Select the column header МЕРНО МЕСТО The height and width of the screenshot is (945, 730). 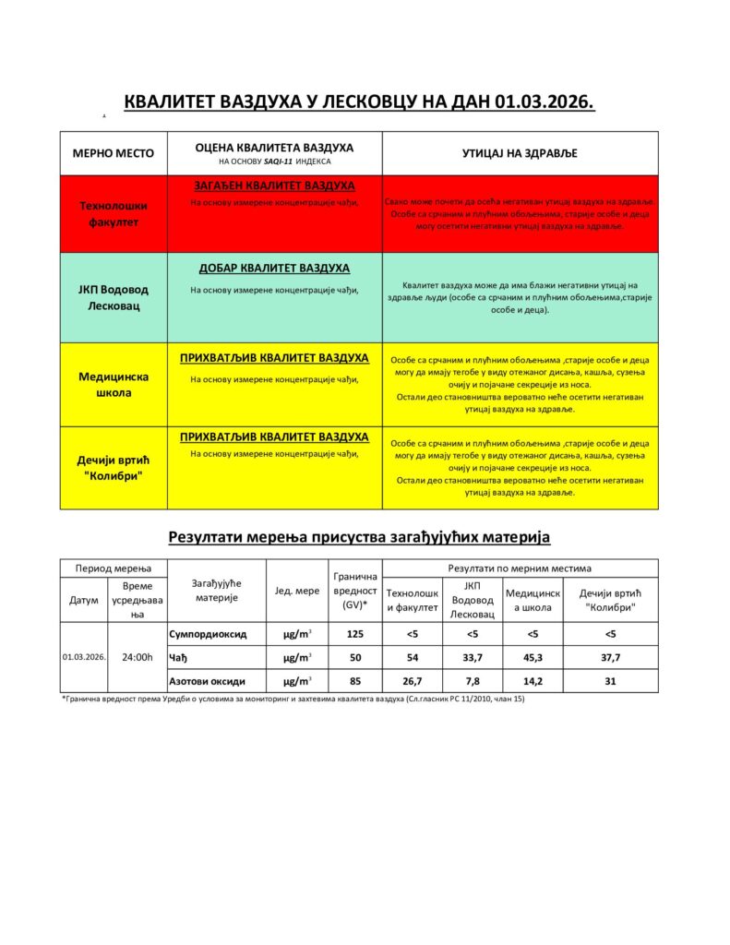(x=114, y=153)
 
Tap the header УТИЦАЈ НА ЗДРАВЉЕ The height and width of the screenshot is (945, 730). (x=520, y=153)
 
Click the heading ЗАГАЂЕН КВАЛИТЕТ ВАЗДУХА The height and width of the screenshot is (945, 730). (x=274, y=185)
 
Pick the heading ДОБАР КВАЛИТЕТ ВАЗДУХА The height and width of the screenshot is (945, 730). (x=274, y=268)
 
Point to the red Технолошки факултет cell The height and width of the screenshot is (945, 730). (x=114, y=213)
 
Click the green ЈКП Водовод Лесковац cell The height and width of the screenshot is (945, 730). (x=114, y=297)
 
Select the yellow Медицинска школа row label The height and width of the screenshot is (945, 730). (x=114, y=384)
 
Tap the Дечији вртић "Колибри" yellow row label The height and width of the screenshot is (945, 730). (x=114, y=467)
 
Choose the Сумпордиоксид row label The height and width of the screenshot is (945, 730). (x=209, y=634)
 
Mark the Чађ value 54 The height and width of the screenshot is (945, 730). (x=413, y=657)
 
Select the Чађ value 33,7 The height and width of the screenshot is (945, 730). (x=472, y=657)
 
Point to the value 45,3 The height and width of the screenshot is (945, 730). (x=532, y=657)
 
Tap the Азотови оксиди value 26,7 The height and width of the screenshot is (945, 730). (x=413, y=681)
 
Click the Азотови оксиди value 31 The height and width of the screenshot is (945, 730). (x=610, y=681)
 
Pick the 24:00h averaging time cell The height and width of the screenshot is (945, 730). (x=137, y=657)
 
